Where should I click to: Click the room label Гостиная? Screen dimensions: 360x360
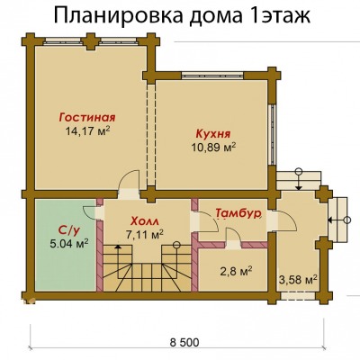click(87, 117)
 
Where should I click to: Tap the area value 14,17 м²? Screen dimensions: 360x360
click(87, 131)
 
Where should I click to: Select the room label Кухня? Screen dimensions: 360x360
click(213, 134)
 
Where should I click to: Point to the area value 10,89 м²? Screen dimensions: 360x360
click(213, 148)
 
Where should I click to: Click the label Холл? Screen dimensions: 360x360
click(145, 221)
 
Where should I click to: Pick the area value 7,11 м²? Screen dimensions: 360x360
click(145, 235)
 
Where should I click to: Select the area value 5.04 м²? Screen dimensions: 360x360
click(68, 243)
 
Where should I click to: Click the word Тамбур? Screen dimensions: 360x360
click(238, 213)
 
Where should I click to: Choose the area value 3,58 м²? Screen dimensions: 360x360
click(298, 280)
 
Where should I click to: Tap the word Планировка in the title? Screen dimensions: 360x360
click(119, 15)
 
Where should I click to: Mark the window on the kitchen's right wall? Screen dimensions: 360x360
click(273, 135)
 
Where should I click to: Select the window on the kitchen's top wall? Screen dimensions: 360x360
click(212, 75)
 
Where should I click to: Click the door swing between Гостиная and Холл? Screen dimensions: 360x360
click(130, 180)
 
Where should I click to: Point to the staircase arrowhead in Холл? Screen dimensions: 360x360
click(118, 247)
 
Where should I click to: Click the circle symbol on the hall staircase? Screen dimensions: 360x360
click(176, 245)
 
